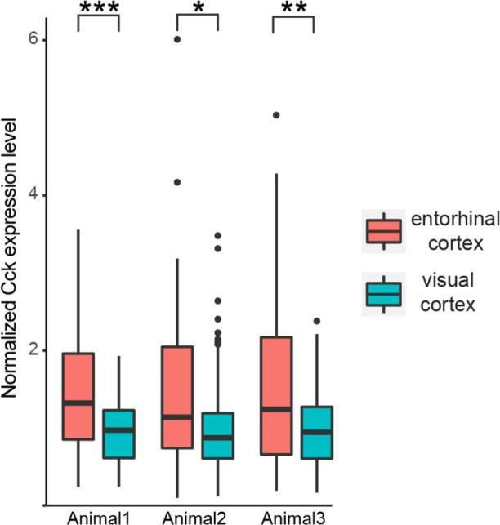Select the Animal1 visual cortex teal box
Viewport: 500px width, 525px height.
(119, 434)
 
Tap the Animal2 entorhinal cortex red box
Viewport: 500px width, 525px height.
(177, 397)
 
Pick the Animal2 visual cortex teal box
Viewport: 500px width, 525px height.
(218, 435)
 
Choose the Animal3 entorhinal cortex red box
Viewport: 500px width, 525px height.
(276, 395)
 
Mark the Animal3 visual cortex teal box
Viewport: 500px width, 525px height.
(316, 432)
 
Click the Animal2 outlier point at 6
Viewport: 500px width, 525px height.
(177, 39)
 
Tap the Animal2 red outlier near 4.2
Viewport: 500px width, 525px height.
(177, 182)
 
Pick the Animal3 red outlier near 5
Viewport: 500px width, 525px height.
(276, 115)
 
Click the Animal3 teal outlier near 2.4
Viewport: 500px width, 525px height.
(316, 321)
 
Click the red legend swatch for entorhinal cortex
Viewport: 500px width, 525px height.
(383, 232)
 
